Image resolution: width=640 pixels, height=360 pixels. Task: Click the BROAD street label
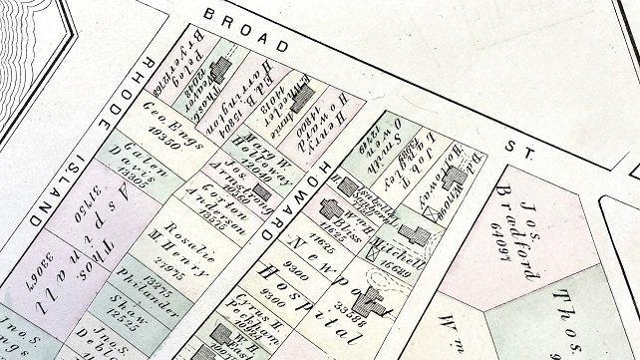243,31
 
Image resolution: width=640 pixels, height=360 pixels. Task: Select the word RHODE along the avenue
127,95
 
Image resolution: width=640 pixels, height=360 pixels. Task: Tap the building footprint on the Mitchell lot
419,236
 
